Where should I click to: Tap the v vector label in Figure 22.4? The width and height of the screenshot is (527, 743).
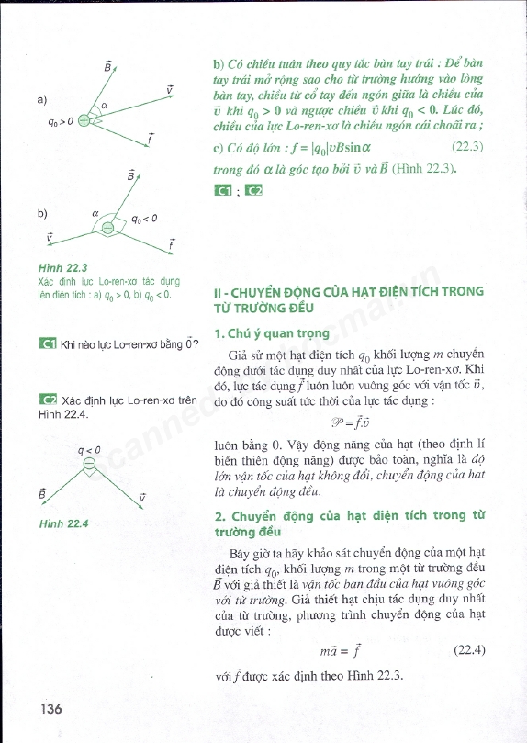142,497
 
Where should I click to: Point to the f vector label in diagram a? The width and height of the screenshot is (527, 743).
149,138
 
